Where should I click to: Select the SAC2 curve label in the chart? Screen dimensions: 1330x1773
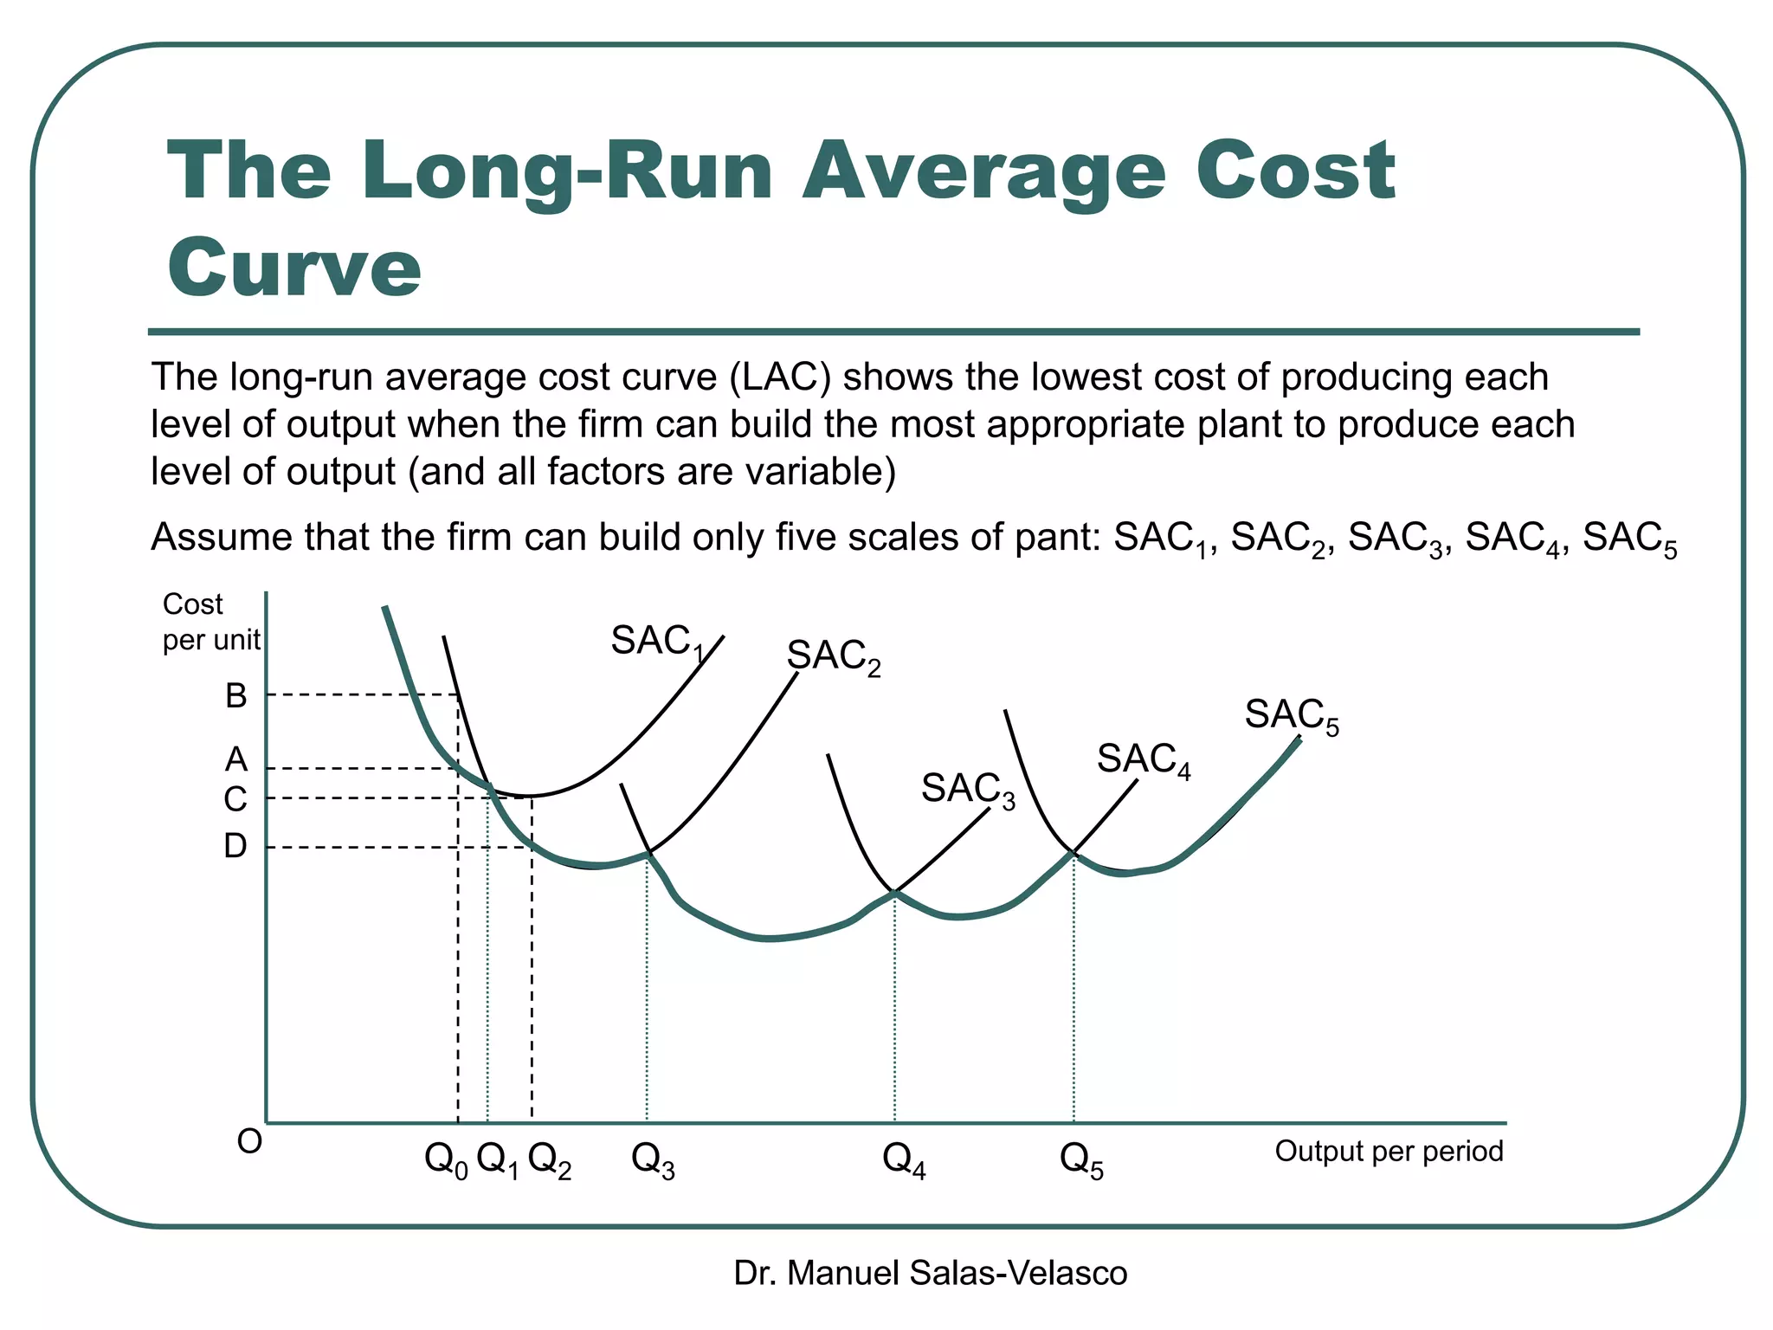coord(833,657)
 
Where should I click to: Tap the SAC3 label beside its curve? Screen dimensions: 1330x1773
coord(967,790)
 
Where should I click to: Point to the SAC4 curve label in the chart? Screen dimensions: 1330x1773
coord(1143,760)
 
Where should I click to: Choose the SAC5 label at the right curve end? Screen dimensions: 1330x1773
coord(1291,717)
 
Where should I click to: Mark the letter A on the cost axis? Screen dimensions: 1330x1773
coord(235,760)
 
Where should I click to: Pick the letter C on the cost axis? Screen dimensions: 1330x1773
coord(235,799)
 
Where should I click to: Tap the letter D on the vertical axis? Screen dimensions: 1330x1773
coord(235,846)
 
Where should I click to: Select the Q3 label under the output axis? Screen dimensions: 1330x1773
coord(653,1160)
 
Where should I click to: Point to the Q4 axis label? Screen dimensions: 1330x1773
coord(903,1160)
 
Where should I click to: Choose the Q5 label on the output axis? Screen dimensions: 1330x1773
coord(1081,1160)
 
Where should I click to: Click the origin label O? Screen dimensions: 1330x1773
coord(249,1142)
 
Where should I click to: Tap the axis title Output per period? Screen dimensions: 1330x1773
coord(1388,1152)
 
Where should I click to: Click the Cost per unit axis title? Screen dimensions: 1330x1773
coord(210,622)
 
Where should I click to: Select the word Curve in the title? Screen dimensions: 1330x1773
coord(293,267)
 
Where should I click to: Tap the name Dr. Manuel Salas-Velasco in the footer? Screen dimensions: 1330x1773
coord(930,1273)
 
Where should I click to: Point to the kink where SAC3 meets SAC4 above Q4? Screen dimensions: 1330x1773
coord(895,891)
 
